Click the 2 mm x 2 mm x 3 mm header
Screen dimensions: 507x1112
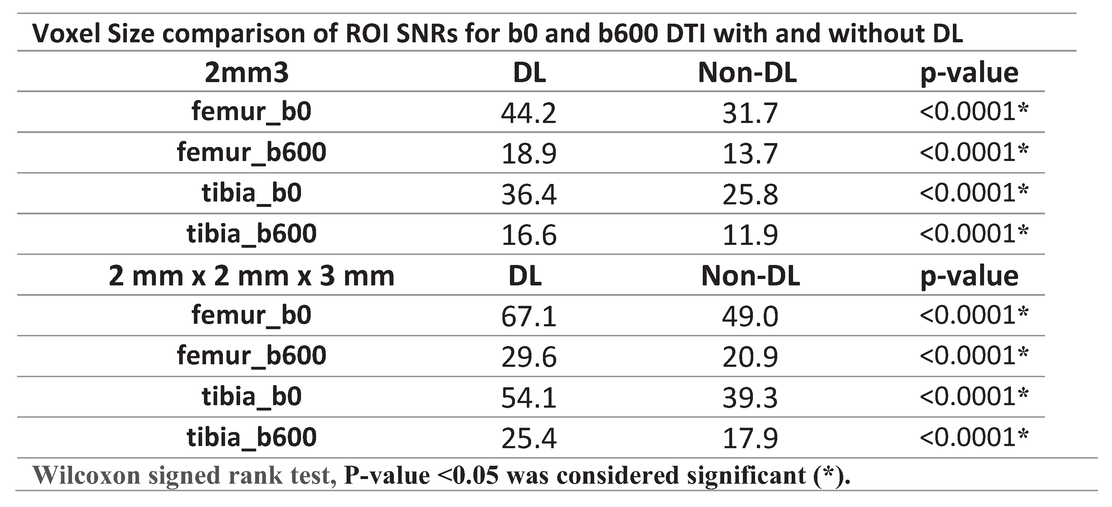[251, 276]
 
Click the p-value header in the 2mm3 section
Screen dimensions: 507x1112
[969, 72]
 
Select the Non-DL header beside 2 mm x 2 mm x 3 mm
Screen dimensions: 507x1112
[750, 276]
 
